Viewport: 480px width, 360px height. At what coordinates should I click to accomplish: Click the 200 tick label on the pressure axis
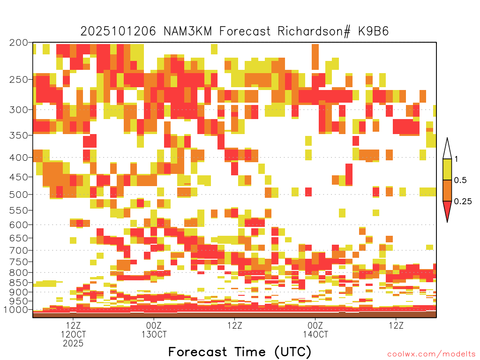point(18,43)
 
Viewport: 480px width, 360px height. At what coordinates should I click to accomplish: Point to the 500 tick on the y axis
point(18,195)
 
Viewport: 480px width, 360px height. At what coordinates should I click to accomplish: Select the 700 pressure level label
point(18,250)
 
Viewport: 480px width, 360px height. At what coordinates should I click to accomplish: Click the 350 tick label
point(18,135)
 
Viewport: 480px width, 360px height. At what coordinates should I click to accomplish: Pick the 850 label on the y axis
point(18,283)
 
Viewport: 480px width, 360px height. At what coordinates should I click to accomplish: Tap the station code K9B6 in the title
point(374,31)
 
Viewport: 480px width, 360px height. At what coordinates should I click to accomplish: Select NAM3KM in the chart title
point(187,31)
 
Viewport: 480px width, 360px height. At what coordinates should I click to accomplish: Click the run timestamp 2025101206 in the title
point(118,31)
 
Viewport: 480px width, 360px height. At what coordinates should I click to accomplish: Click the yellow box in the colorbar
point(447,169)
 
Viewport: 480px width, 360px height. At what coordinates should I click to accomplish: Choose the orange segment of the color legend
point(447,190)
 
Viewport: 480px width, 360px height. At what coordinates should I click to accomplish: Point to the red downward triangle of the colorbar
point(447,210)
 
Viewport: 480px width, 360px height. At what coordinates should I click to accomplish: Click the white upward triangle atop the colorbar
point(447,150)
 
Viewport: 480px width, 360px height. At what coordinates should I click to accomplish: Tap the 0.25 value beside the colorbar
point(463,201)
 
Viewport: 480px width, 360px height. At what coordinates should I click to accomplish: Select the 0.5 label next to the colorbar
point(460,180)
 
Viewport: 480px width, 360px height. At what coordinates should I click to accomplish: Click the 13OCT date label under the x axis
point(154,334)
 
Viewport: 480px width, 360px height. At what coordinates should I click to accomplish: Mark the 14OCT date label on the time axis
point(315,334)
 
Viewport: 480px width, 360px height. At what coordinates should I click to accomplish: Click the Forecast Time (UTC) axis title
point(240,352)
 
